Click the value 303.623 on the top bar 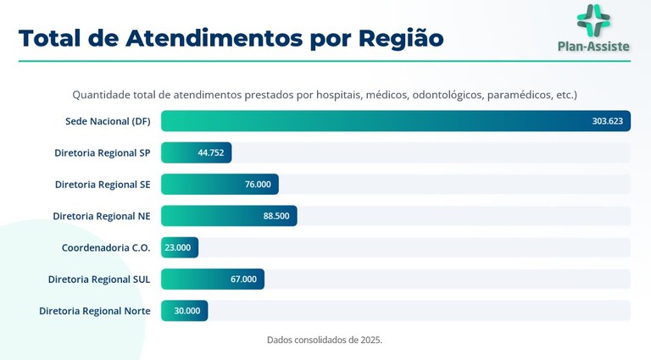(607, 121)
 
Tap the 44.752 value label (210, 153)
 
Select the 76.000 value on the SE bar (258, 185)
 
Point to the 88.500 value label (276, 216)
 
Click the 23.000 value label (178, 247)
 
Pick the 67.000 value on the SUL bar (243, 279)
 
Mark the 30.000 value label (187, 311)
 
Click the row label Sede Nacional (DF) (108, 121)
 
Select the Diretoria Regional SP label (102, 153)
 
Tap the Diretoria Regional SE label (103, 185)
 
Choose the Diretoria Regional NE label (102, 216)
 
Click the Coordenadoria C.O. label (106, 247)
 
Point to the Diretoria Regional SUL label (99, 279)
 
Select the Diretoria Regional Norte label (95, 311)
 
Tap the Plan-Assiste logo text (593, 47)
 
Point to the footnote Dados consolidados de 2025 (325, 340)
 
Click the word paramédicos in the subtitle (518, 95)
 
